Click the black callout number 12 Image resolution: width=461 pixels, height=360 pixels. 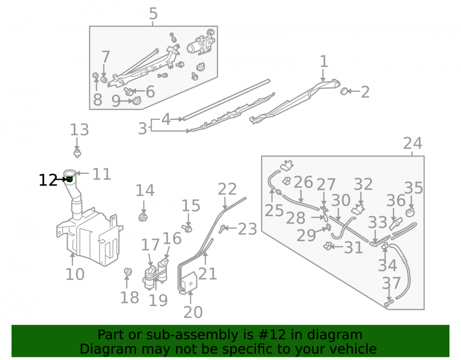pos(48,180)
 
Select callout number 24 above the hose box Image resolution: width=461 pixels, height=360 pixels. pos(413,143)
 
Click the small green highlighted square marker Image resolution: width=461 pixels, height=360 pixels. pos(70,179)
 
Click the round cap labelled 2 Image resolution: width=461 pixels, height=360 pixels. pos(344,91)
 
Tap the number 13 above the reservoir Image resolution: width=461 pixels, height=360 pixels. pos(79,130)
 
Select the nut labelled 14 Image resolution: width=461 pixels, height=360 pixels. pos(143,218)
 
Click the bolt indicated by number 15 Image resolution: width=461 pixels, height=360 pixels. pos(187,228)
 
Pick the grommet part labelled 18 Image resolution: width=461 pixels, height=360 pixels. pos(128,272)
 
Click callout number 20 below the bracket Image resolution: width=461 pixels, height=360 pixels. pos(193,312)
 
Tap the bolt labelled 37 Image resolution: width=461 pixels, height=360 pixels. pos(389,303)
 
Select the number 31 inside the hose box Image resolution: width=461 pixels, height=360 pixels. pos(354,248)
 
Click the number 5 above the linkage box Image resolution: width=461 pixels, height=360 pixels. pos(153,13)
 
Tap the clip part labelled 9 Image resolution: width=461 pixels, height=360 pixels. pos(137,100)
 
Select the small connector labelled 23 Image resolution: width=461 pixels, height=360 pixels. pos(222,229)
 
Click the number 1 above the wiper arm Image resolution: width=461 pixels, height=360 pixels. pos(324,61)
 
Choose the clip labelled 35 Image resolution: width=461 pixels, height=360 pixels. pos(410,212)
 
